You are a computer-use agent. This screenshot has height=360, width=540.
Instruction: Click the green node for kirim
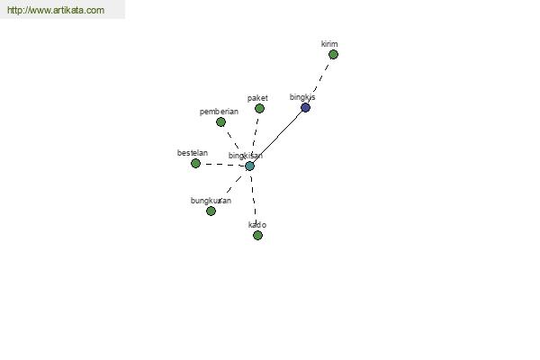pos(333,54)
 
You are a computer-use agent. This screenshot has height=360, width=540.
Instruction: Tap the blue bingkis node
pos(305,108)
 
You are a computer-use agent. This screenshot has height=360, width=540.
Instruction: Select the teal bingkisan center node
pos(249,166)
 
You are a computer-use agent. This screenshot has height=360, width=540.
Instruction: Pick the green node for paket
pos(260,109)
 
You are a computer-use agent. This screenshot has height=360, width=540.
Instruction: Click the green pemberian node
pos(220,122)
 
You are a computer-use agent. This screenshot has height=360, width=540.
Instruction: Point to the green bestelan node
pos(195,163)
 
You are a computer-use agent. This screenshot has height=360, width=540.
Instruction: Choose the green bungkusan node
pos(211,211)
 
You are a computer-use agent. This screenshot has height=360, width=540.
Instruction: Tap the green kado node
pos(257,235)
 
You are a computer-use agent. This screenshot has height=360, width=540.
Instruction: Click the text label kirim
pos(329,44)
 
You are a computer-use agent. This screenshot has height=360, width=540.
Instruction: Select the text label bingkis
pos(302,97)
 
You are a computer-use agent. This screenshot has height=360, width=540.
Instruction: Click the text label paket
pos(257,98)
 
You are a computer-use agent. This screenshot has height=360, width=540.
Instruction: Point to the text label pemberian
pos(219,112)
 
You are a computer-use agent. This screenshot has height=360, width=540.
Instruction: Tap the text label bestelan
pos(193,153)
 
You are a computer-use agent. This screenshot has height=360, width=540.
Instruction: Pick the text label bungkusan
pos(211,201)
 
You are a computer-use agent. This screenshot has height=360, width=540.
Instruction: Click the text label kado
pos(257,225)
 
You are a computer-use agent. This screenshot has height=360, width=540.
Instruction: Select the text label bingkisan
pos(246,156)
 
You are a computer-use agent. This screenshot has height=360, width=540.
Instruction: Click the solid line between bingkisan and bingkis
pos(277,137)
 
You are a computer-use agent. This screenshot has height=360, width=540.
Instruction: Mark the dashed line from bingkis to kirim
pos(320,79)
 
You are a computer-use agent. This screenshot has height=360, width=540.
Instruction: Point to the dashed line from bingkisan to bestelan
pos(223,165)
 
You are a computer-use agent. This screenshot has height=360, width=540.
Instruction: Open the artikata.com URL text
pos(56,10)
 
